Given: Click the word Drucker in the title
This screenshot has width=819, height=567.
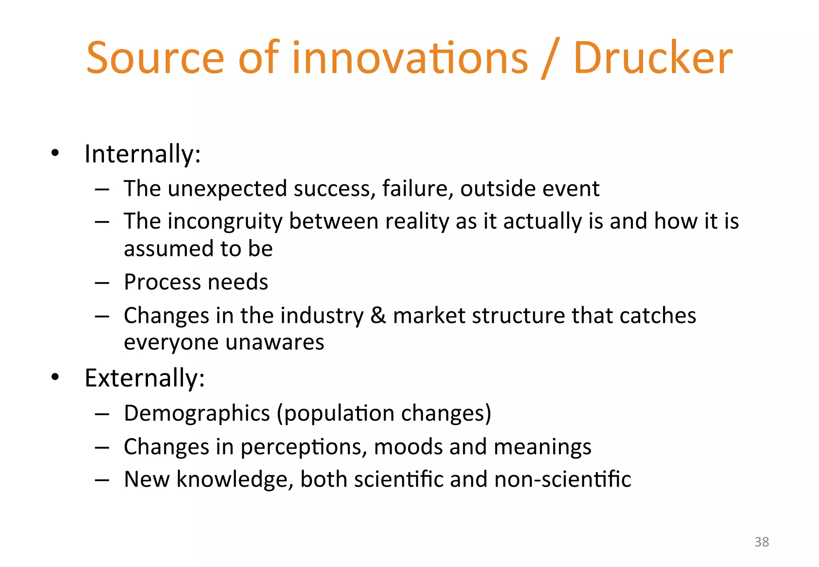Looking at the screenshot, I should click(653, 58).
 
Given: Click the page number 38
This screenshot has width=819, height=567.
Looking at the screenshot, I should click(761, 542).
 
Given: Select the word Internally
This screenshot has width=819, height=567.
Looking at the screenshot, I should click(142, 154).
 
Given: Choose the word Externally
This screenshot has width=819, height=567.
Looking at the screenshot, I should click(144, 378).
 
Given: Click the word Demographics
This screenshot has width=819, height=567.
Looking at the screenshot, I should click(197, 413).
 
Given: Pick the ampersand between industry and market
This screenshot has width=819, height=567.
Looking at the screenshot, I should click(378, 315).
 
